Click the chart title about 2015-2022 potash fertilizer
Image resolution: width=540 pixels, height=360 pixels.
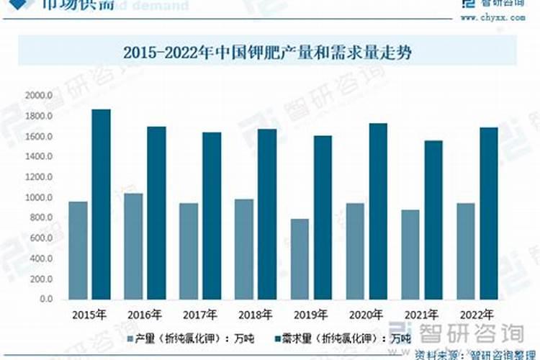click(270, 52)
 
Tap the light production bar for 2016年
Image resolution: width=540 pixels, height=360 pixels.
click(133, 246)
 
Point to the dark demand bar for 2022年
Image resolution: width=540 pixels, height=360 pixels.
click(489, 213)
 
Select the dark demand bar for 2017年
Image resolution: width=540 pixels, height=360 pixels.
click(212, 215)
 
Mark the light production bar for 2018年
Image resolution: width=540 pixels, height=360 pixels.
click(244, 248)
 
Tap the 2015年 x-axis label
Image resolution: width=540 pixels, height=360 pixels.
click(89, 314)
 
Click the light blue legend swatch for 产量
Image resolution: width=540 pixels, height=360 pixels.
click(130, 337)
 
